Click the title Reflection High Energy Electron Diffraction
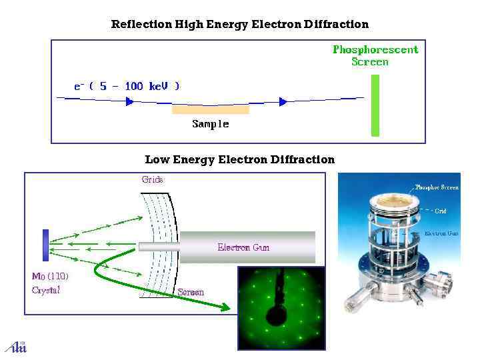[x=239, y=25]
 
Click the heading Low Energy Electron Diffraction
[x=239, y=159]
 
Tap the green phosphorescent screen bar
[x=375, y=105]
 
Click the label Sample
[x=211, y=124]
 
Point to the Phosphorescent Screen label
[x=375, y=55]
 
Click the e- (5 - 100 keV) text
[x=126, y=86]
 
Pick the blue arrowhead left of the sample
[x=130, y=101]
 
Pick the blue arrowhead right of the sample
[x=283, y=101]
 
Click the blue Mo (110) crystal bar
[x=45, y=245]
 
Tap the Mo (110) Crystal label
[x=50, y=283]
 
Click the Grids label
[x=152, y=179]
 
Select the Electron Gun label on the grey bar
[x=243, y=247]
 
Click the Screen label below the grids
[x=191, y=292]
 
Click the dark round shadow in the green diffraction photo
[x=274, y=313]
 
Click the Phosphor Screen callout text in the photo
[x=437, y=187]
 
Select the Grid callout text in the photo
[x=441, y=211]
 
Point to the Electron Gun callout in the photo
[x=441, y=233]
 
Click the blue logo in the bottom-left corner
[x=15, y=346]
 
